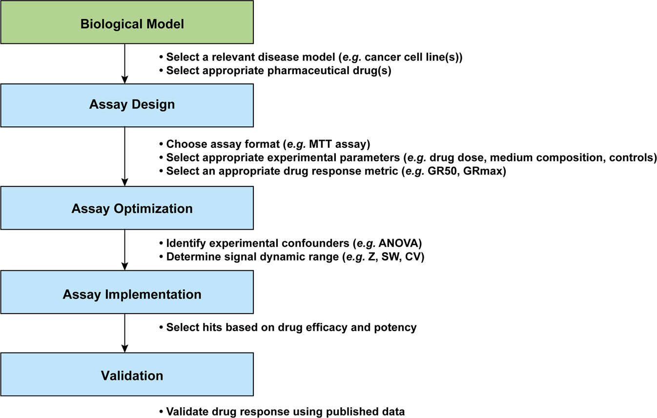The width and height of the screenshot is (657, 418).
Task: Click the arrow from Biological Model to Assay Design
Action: tap(125, 63)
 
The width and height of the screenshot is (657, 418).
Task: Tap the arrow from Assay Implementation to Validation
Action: tap(125, 333)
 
